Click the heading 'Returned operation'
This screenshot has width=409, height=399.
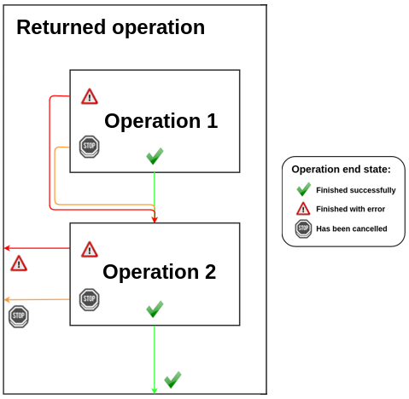(110, 27)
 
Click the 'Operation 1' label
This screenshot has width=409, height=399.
(161, 121)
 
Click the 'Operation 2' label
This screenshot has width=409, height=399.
(159, 272)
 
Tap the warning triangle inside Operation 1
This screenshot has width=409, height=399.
(90, 96)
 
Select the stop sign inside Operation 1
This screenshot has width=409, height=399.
(90, 147)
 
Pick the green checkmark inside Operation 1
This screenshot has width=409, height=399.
(155, 156)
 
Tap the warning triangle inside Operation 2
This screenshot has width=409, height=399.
(90, 249)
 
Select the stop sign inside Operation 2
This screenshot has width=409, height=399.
(90, 299)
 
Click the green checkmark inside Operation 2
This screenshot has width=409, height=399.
(155, 309)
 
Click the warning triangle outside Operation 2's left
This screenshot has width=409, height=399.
(19, 263)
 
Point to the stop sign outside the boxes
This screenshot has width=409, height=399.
(19, 316)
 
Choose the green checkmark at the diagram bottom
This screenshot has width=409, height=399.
(172, 379)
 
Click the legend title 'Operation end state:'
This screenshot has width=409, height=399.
(341, 169)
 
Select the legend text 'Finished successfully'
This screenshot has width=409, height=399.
(355, 190)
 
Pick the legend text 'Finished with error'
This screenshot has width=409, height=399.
(350, 209)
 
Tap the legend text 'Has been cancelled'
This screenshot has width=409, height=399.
(351, 228)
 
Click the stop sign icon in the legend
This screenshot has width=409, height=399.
(303, 228)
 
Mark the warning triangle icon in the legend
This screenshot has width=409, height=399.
(303, 209)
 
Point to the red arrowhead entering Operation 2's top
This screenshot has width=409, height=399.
(155, 219)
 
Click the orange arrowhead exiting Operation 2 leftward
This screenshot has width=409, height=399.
(8, 300)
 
